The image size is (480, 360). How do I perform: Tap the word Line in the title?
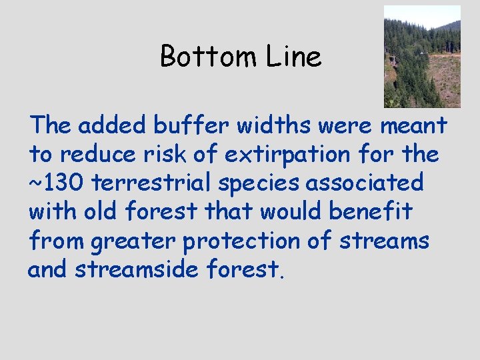point(294,57)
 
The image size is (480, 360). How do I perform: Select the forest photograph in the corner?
point(422,57)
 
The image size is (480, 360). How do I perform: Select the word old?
point(96,211)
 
